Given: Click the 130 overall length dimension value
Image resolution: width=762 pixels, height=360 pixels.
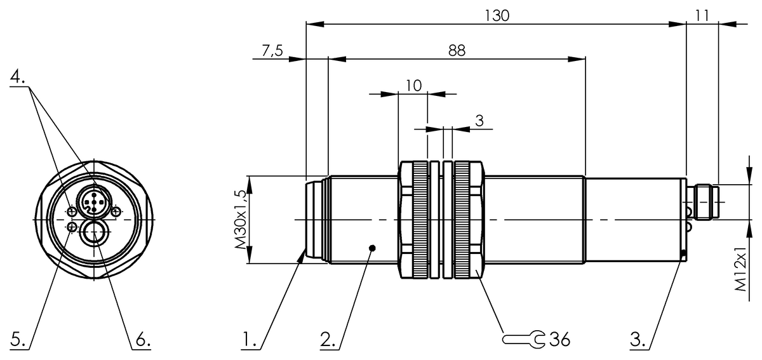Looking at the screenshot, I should tap(497, 16).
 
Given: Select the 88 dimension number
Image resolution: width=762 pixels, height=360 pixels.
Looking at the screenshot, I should tap(457, 51).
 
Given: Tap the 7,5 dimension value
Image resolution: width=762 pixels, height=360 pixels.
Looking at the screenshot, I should tap(272, 51).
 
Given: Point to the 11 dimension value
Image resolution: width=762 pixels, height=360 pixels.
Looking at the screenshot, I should tap(702, 16).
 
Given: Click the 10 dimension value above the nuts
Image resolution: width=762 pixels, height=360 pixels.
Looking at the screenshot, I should tap(413, 86).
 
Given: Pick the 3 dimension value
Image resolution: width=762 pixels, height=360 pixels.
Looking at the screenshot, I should tap(479, 120).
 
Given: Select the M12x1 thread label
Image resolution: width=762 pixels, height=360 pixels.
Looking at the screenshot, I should tap(742, 269).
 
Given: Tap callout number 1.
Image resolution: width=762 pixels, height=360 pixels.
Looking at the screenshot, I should tap(250, 340).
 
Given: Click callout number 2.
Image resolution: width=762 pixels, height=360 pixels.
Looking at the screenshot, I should tap(328, 340).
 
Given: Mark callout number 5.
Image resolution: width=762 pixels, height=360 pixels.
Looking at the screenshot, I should tap(18, 340).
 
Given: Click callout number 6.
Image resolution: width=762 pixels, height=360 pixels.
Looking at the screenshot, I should tap(141, 340).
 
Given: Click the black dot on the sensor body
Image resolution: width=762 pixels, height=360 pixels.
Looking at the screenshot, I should tap(373, 248).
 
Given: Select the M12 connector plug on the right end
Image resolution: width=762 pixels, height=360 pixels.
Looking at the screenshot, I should tap(705, 201).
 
